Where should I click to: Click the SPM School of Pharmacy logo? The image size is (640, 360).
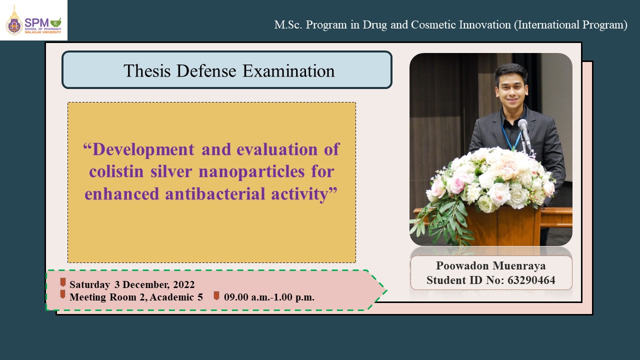click(33, 20)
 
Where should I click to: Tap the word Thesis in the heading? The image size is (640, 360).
click(147, 70)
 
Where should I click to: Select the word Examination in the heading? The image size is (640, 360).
click(288, 70)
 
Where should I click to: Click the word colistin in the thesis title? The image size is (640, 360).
click(116, 171)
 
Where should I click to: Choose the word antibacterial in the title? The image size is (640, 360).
click(215, 193)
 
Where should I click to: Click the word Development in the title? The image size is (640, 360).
click(143, 150)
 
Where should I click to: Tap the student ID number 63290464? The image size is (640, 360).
click(531, 280)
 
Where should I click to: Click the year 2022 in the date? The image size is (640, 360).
click(183, 284)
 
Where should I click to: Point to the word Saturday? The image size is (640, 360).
click(89, 284)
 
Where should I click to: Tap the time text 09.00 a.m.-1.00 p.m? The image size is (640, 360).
click(269, 297)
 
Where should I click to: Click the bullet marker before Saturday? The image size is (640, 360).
click(63, 282)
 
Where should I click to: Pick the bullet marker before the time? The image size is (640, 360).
click(216, 295)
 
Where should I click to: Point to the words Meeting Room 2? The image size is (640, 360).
click(107, 297)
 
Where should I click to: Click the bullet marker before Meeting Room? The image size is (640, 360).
click(63, 294)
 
